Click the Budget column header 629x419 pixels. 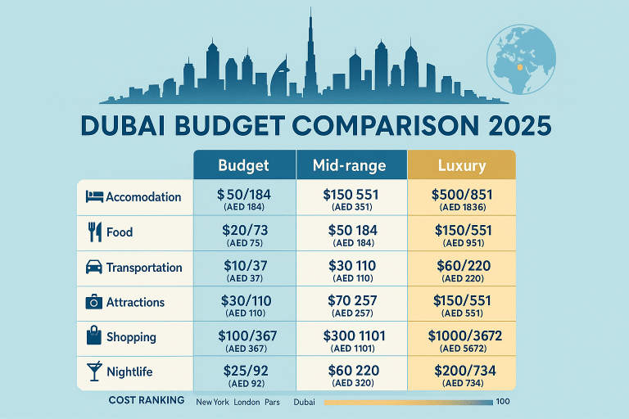point(243,164)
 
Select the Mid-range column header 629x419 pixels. point(349,164)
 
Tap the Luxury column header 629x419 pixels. point(461,164)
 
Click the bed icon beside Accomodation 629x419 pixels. point(93,197)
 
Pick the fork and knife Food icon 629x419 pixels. point(93,232)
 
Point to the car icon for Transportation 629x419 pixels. point(93,268)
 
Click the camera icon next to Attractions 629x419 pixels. point(93,302)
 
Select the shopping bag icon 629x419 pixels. point(93,336)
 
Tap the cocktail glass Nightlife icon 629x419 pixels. point(93,372)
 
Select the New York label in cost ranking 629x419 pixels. point(213,403)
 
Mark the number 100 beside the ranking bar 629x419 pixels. point(504,402)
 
